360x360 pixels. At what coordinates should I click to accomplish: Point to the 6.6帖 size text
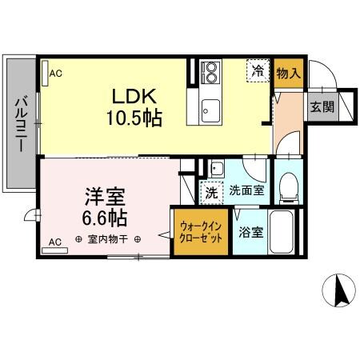click(x=105, y=216)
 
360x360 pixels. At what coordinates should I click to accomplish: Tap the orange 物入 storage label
click(x=287, y=73)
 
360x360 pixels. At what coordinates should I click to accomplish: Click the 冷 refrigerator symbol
click(x=258, y=70)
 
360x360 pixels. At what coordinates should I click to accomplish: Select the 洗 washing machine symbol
click(x=210, y=193)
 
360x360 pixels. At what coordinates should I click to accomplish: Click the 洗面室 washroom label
click(x=245, y=191)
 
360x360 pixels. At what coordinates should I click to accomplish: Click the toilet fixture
click(x=287, y=186)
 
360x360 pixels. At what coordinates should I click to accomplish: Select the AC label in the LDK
click(x=55, y=74)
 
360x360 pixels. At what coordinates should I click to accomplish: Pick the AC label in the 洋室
click(x=55, y=241)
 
